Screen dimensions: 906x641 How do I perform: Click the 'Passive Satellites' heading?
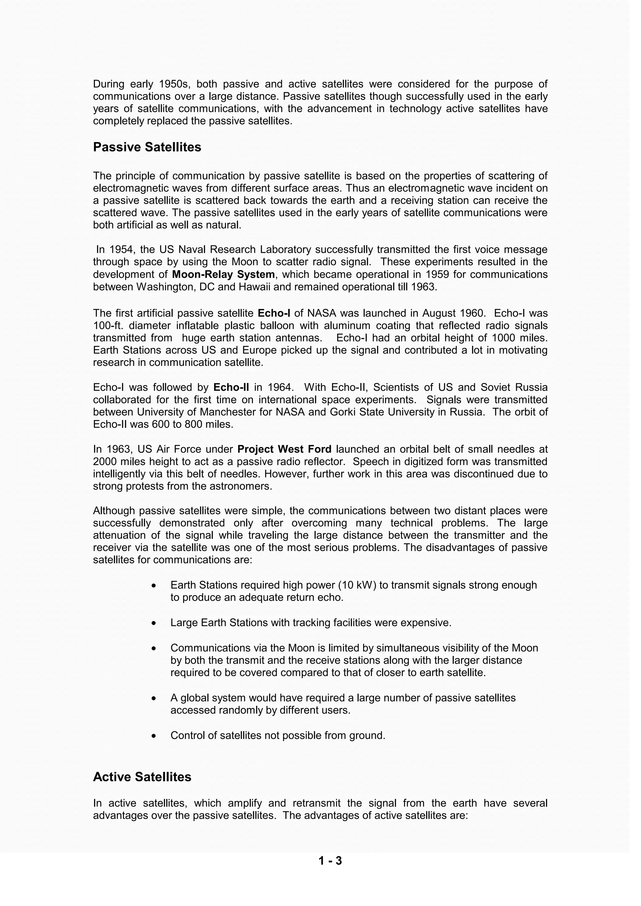click(147, 147)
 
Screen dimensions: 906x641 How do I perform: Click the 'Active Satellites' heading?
click(142, 777)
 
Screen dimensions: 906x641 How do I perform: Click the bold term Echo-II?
click(231, 387)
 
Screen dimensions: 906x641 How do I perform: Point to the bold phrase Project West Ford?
click(284, 449)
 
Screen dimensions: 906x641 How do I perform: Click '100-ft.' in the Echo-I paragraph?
click(108, 325)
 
